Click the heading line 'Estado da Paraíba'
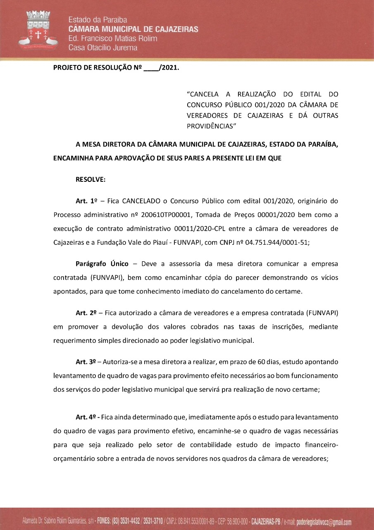click(x=98, y=20)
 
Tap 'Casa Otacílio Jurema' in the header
click(x=103, y=48)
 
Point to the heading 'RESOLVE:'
click(x=91, y=180)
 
